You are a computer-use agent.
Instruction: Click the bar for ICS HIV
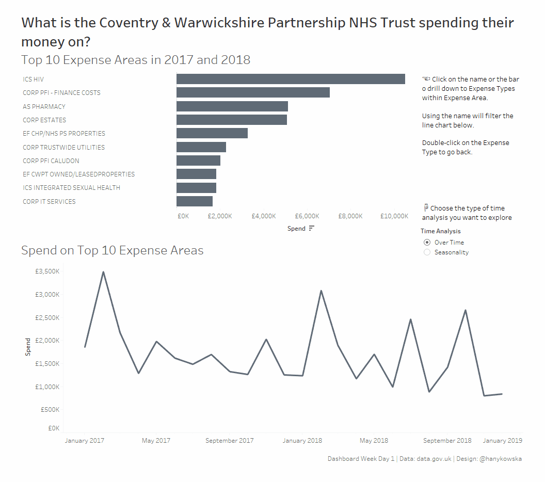pyautogui.click(x=291, y=79)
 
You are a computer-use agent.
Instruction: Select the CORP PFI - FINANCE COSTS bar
pyautogui.click(x=253, y=93)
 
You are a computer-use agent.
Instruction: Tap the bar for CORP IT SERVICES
pyautogui.click(x=195, y=201)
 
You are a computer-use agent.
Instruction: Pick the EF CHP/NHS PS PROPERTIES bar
pyautogui.click(x=212, y=133)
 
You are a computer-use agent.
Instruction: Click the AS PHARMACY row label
pyautogui.click(x=44, y=107)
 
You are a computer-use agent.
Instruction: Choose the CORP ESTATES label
pyautogui.click(x=44, y=120)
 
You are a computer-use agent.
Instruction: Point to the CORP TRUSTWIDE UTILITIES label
pyautogui.click(x=64, y=148)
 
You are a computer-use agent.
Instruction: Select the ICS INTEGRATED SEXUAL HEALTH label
pyautogui.click(x=71, y=188)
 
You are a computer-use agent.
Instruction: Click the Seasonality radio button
pyautogui.click(x=427, y=252)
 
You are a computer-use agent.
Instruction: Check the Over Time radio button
pyautogui.click(x=427, y=243)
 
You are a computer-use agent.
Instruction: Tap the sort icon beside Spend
pyautogui.click(x=311, y=229)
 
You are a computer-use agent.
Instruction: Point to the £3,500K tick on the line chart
pyautogui.click(x=47, y=272)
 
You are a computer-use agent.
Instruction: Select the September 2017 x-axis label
pyautogui.click(x=229, y=441)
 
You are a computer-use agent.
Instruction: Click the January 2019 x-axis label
pyautogui.click(x=502, y=441)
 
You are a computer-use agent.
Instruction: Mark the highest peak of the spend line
pyautogui.click(x=103, y=272)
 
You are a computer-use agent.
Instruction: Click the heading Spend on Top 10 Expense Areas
pyautogui.click(x=112, y=251)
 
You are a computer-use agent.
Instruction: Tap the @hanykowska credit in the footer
pyautogui.click(x=500, y=459)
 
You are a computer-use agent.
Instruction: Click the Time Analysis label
pyautogui.click(x=441, y=231)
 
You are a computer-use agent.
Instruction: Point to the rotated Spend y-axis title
pyautogui.click(x=28, y=347)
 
